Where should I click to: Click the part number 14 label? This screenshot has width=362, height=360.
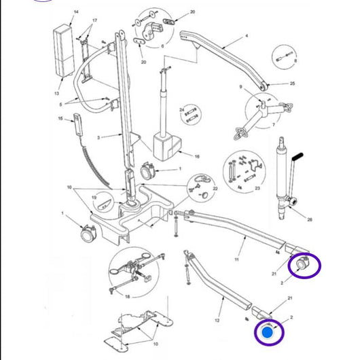[x=75, y=13]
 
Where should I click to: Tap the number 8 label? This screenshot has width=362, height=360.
[x=296, y=61]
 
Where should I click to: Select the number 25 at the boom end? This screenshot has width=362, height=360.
[x=292, y=84]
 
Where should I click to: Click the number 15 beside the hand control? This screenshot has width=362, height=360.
[x=60, y=118]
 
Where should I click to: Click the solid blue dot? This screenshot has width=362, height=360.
[x=268, y=334]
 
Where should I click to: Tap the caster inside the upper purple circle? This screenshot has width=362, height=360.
[x=301, y=264]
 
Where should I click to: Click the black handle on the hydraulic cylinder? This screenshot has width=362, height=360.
[x=297, y=162]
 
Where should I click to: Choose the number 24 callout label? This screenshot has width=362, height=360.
[x=182, y=109]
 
